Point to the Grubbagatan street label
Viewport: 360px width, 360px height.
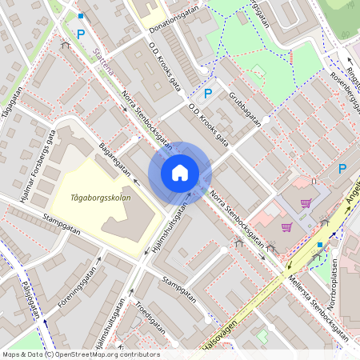click(245, 111)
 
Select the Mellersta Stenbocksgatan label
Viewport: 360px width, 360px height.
click(313, 300)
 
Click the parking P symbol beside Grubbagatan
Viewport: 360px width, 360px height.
click(208, 94)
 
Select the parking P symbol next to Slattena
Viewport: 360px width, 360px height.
click(80, 34)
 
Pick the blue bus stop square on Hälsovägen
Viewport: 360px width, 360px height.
click(319, 245)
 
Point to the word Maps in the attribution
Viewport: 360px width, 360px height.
click(12, 354)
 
